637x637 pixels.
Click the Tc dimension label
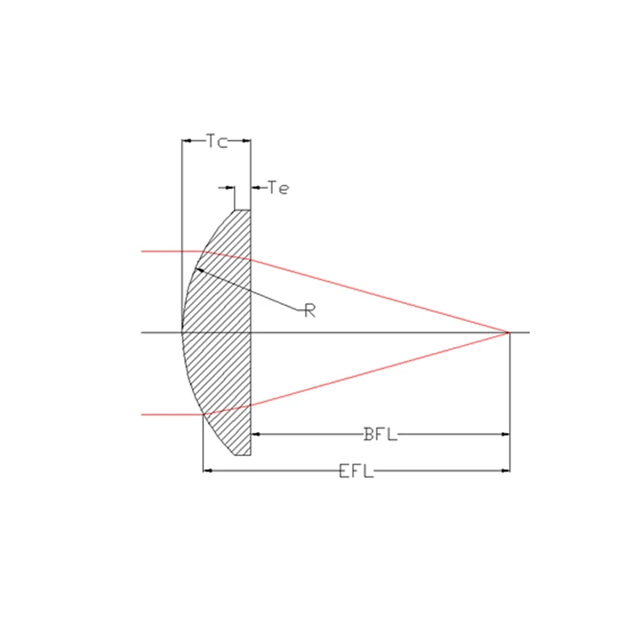217,141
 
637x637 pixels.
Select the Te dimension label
279,188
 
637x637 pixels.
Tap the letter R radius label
310,311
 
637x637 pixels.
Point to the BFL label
380,434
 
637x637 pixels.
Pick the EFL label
356,471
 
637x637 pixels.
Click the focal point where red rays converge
509,333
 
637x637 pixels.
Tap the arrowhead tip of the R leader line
196,268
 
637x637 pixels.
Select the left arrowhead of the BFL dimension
256,434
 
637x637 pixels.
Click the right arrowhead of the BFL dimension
505,434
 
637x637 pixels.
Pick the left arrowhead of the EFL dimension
207,471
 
